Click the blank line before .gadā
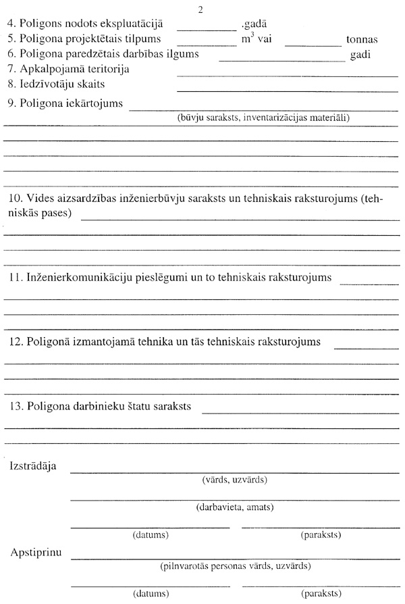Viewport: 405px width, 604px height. tap(207, 30)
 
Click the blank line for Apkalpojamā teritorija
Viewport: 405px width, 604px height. tap(287, 75)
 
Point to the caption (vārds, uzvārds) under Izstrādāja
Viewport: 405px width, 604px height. tap(234, 480)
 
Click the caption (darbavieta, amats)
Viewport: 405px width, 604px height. tap(234, 506)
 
